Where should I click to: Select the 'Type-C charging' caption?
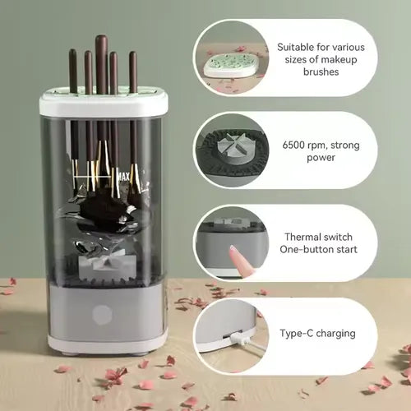point(316,334)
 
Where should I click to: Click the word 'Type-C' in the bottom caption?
point(296,334)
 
